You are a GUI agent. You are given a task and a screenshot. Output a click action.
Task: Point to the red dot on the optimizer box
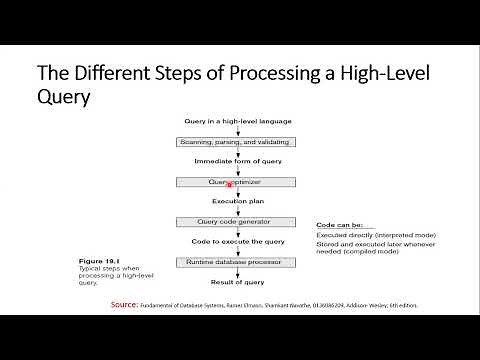(230, 185)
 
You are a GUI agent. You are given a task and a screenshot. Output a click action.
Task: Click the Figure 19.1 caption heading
(99, 257)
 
